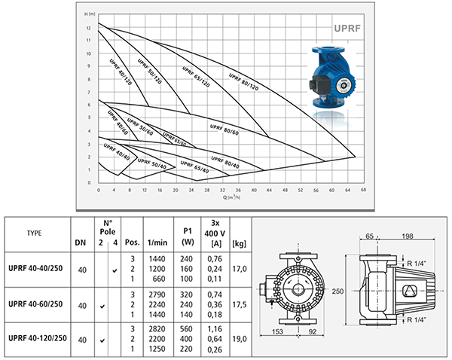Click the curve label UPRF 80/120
coord(243,78)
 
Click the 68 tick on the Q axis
coord(364,191)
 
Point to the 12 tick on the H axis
coord(89,26)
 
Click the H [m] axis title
coord(91,14)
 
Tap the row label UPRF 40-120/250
coord(37,340)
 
